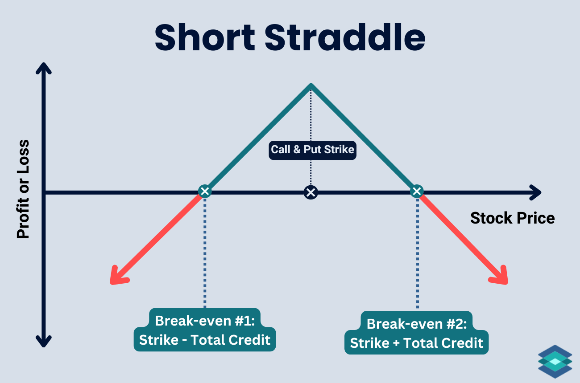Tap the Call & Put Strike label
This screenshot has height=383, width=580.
pos(312,150)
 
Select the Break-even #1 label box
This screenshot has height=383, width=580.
pos(205,330)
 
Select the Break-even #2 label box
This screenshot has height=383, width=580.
pos(417,333)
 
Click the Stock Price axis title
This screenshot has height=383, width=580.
pos(512,218)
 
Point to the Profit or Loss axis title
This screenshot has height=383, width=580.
pos(23,189)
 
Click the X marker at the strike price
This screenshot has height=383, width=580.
pos(311,192)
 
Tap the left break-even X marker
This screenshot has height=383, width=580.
pos(205,192)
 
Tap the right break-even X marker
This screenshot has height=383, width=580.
pos(417,192)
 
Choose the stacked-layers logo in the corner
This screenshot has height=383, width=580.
pos(555,362)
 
